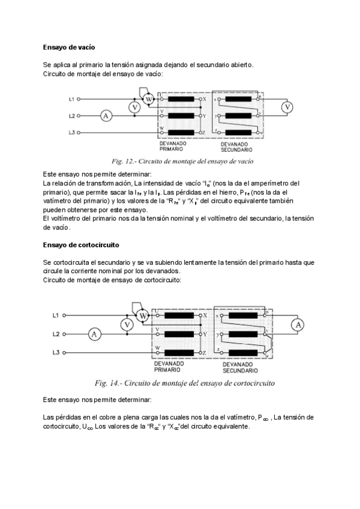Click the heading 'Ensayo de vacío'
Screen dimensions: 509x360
70,46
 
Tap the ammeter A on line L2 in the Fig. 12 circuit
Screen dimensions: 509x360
106,116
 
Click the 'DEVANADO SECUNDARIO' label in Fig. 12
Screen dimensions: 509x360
236,147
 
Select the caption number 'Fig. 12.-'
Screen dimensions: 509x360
124,161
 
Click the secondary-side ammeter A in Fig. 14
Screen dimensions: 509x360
296,325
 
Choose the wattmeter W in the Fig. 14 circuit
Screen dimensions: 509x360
143,315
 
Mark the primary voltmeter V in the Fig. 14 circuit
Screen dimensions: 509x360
126,325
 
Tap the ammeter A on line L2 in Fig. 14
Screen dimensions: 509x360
94,334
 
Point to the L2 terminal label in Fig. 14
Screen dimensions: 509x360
55,334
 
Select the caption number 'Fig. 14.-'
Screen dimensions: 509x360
108,382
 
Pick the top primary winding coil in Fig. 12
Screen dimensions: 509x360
180,98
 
